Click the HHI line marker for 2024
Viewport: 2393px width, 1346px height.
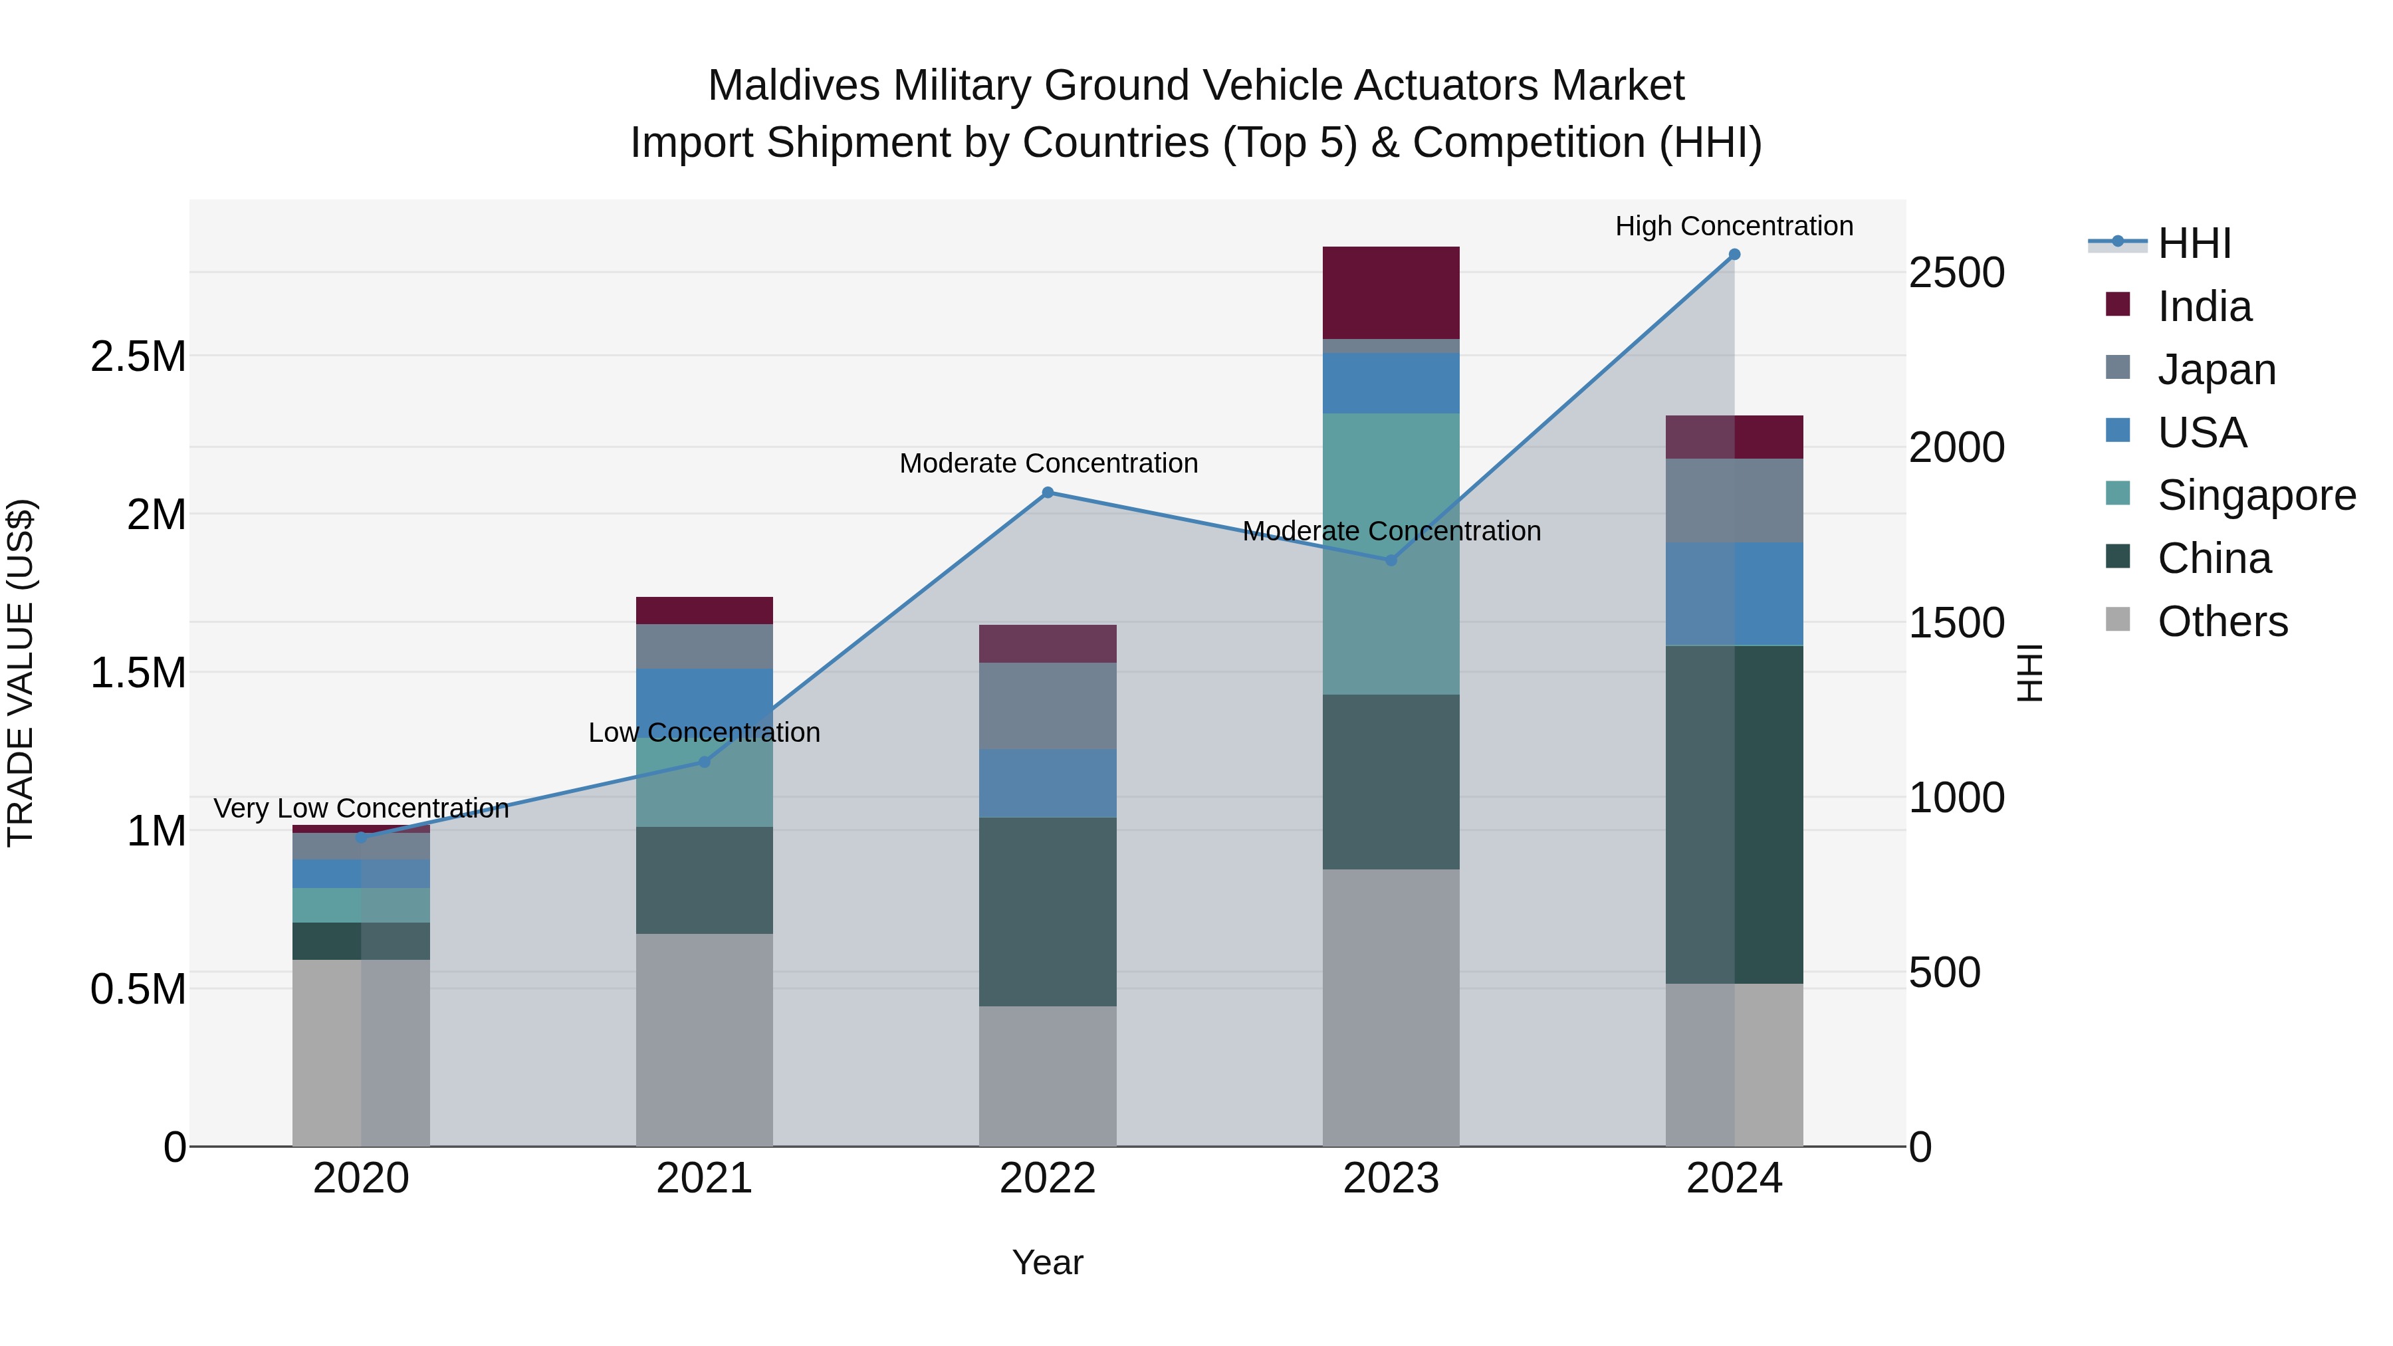[x=1734, y=255]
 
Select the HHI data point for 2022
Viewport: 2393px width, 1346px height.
[x=1048, y=493]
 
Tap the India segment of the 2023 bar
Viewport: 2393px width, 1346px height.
[x=1391, y=292]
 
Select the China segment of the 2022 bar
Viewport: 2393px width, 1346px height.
[x=1048, y=911]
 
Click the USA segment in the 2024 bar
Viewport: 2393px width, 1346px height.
[x=1734, y=594]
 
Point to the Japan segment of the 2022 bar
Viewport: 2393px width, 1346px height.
[x=1048, y=706]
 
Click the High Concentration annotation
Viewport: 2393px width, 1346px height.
[x=1734, y=227]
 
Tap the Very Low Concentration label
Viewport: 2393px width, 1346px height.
[x=362, y=808]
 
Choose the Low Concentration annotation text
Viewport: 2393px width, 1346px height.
[x=704, y=733]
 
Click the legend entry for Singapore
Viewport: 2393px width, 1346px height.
[x=2255, y=495]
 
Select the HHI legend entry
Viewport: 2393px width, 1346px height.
[x=2194, y=243]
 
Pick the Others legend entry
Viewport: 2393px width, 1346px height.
[x=2222, y=621]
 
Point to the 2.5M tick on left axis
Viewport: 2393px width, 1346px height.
[x=138, y=357]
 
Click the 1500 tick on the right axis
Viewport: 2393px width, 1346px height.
[x=1956, y=623]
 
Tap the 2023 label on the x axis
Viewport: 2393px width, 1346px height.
[x=1391, y=1178]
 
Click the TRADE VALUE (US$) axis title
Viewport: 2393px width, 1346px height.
[x=21, y=673]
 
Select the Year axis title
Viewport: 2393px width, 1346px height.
[x=1048, y=1262]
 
